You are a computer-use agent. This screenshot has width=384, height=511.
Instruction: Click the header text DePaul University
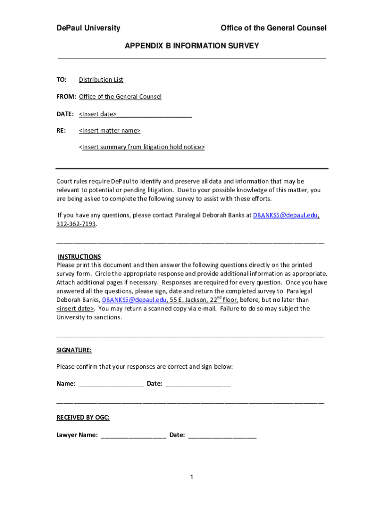click(88, 28)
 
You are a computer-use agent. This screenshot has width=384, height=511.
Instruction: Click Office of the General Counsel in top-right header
click(273, 28)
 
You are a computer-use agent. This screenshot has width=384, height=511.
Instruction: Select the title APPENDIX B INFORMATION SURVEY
click(192, 46)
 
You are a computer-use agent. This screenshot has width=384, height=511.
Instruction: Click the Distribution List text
click(101, 80)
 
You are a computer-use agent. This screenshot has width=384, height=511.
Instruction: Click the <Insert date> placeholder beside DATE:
click(98, 114)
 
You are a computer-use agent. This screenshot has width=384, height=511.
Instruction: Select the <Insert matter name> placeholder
click(109, 131)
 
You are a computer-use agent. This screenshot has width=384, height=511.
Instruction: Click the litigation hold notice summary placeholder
click(142, 147)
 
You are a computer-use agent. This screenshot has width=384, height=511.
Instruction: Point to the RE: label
click(61, 131)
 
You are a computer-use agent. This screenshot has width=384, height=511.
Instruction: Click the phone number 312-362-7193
click(76, 224)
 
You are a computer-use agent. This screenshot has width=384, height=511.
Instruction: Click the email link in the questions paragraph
click(285, 216)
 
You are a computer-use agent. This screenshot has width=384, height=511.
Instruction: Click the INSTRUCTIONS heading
click(79, 256)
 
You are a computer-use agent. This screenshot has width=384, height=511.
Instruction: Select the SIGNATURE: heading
click(74, 350)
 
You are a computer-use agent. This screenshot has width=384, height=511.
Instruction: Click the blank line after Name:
click(111, 384)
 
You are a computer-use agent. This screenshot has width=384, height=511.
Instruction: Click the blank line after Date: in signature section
click(197, 384)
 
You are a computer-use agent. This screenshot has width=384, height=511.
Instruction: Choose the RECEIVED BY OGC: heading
click(83, 418)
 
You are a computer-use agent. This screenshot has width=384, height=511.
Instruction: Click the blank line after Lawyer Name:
click(133, 435)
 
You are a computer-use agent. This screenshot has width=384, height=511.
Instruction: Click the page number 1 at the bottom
click(192, 478)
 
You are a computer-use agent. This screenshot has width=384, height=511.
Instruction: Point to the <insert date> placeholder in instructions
click(75, 308)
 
